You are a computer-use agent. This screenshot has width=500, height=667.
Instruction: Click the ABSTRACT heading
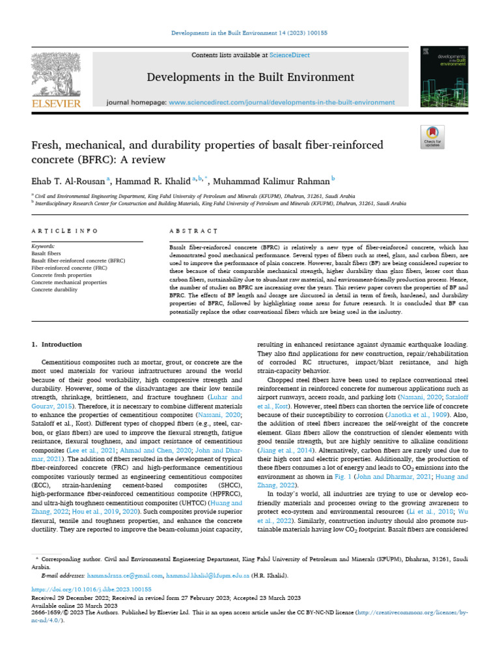[193, 231]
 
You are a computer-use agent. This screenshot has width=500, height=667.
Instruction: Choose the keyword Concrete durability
[54, 289]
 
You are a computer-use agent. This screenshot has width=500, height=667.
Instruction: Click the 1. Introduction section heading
[57, 345]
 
